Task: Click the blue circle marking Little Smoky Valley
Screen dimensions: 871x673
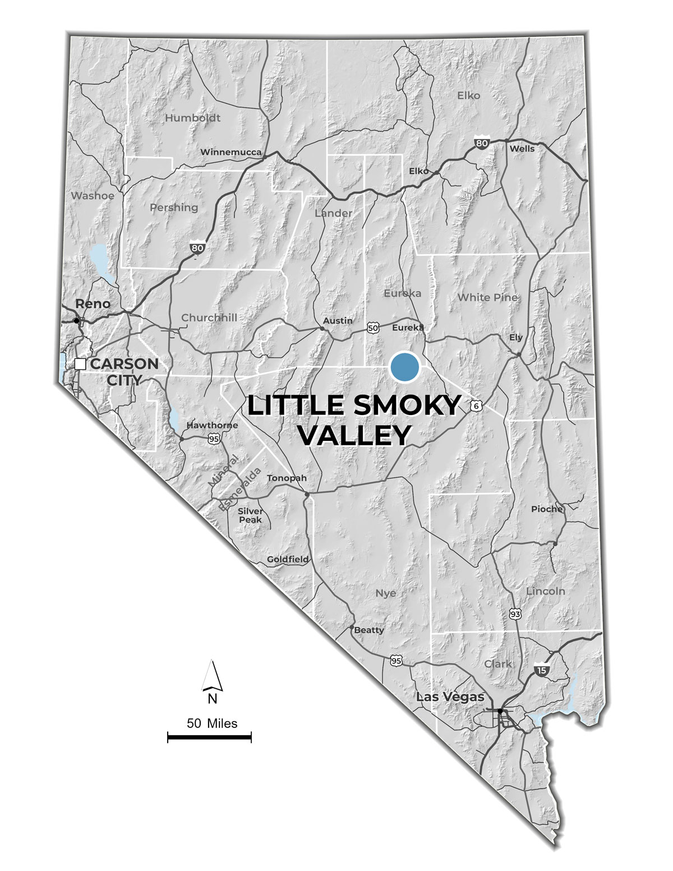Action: pyautogui.click(x=404, y=367)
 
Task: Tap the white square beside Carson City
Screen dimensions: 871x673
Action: pyautogui.click(x=80, y=363)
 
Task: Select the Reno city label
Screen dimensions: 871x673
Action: pyautogui.click(x=93, y=304)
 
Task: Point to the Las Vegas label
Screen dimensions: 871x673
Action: pyautogui.click(x=442, y=697)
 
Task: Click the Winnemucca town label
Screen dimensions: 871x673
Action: pyautogui.click(x=231, y=152)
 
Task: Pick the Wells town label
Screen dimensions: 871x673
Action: pyautogui.click(x=522, y=149)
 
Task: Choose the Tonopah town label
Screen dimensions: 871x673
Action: pyautogui.click(x=287, y=478)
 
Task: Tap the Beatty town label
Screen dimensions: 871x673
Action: pyautogui.click(x=369, y=630)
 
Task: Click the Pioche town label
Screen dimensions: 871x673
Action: pyautogui.click(x=547, y=509)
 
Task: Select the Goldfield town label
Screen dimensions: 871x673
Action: pyautogui.click(x=287, y=559)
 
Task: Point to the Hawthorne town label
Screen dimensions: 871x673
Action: pyautogui.click(x=212, y=425)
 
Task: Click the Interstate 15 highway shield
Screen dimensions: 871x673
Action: pyautogui.click(x=541, y=669)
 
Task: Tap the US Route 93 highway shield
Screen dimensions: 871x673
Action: pyautogui.click(x=515, y=614)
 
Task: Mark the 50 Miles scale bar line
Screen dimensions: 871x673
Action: pyautogui.click(x=209, y=736)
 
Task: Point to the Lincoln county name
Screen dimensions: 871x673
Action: pyautogui.click(x=545, y=591)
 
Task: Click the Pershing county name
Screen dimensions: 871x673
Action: pyautogui.click(x=174, y=208)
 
